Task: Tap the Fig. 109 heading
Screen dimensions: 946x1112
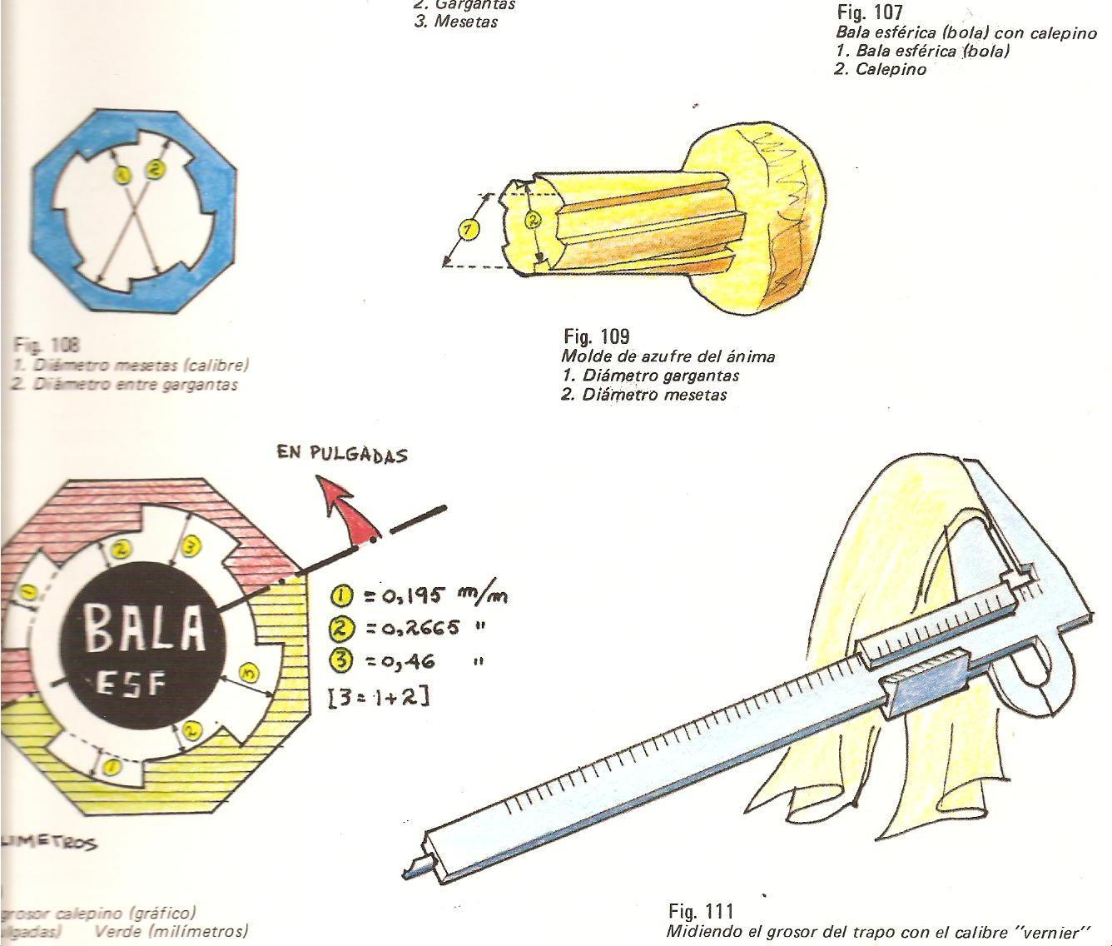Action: [x=597, y=336]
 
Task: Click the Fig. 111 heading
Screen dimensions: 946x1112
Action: [x=701, y=911]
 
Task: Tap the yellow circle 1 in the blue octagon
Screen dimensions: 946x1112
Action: [x=122, y=175]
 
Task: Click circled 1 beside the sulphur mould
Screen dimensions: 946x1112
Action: [x=469, y=229]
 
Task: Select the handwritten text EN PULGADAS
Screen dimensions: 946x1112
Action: [x=342, y=455]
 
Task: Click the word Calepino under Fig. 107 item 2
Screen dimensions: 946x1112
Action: [x=891, y=70]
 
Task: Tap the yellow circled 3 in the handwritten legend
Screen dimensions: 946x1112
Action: [x=342, y=661]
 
